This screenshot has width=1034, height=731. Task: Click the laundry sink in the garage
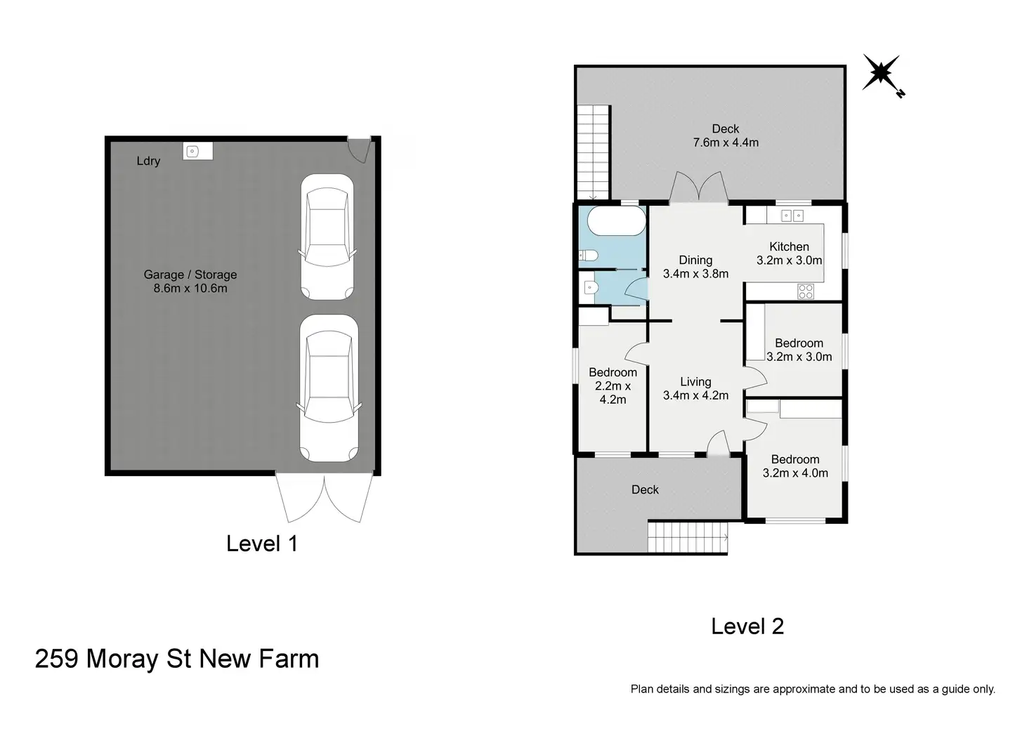coord(197,151)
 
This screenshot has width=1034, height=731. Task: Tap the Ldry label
coord(148,161)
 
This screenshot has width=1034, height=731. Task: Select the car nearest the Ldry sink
coord(327,237)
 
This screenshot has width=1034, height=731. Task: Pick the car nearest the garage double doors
coord(329,388)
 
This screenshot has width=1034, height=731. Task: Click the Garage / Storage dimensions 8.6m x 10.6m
coord(190,289)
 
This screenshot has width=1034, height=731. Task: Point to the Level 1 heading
coord(262,544)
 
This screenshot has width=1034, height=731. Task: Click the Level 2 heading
coord(747,626)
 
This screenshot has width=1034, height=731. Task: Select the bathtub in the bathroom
coord(616,220)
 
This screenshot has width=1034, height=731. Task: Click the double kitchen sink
coord(792,216)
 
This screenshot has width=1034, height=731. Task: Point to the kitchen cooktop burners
coord(806,291)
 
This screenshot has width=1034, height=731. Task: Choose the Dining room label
coord(695,261)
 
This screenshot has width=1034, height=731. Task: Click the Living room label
coord(695,382)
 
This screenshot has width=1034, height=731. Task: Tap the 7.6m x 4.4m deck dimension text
coord(726,143)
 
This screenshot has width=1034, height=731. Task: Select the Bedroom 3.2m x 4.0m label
coord(795,466)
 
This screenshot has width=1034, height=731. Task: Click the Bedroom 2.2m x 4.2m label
coord(613,386)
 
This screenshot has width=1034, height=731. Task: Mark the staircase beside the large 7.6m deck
coord(594,153)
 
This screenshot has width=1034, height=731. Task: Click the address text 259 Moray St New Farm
coord(177,659)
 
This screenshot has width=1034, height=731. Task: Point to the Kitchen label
coord(789,247)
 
